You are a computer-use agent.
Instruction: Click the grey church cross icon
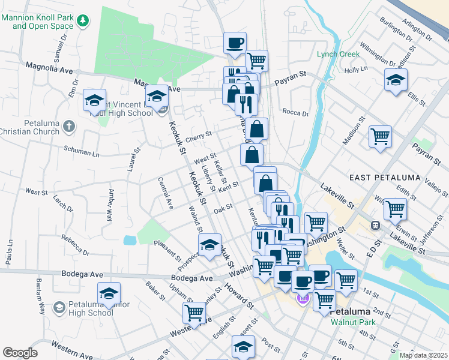69,127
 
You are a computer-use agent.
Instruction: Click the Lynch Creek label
338,54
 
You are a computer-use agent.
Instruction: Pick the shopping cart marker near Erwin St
395,209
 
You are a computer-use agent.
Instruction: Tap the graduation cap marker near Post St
243,346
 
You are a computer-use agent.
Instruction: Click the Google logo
20,353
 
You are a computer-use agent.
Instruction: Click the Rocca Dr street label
295,113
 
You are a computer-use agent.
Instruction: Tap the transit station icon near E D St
376,225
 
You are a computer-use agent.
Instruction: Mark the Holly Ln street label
356,70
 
